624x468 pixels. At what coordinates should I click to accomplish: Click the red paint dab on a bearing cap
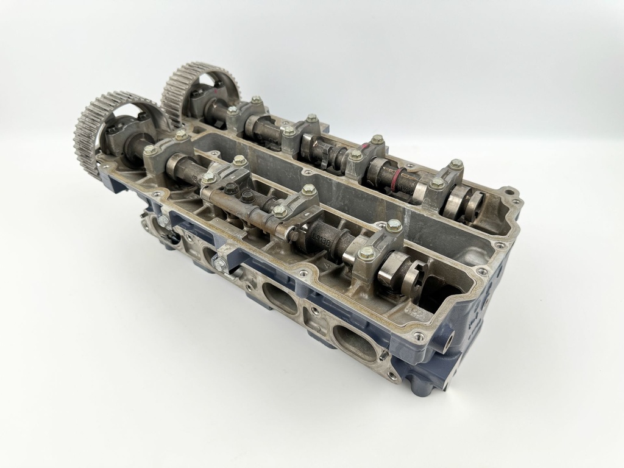364,147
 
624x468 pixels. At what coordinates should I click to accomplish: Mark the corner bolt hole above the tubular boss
482,271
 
